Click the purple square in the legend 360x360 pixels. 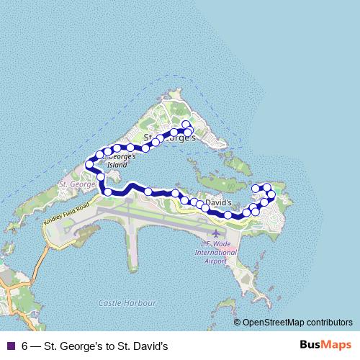point(11,346)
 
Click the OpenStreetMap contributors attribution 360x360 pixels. point(296,323)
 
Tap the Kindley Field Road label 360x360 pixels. point(66,215)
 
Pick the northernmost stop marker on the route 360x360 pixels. point(186,125)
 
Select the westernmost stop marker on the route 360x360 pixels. point(89,165)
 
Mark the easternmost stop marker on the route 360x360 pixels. point(271,194)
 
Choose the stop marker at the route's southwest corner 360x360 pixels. point(108,192)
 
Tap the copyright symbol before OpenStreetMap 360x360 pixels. point(238,323)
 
